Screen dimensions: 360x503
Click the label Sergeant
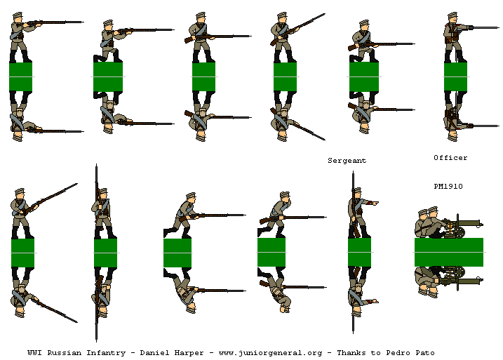(x=347, y=161)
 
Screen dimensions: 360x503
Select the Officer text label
(x=450, y=158)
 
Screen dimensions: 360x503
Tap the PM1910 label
(x=448, y=186)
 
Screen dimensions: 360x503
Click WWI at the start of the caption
(x=35, y=352)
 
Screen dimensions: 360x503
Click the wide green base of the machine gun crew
(x=448, y=252)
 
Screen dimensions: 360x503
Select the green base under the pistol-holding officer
(x=455, y=76)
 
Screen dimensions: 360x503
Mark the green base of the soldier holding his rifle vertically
(x=105, y=253)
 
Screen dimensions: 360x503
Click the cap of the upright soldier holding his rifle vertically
(x=102, y=191)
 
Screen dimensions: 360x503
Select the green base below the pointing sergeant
(x=359, y=253)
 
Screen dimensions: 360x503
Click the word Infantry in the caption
(x=109, y=352)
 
